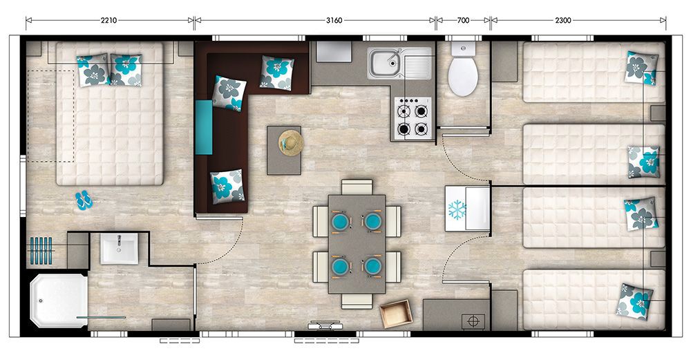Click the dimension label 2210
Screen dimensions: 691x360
point(108,20)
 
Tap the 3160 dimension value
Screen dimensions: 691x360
point(334,20)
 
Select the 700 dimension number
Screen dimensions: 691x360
point(463,20)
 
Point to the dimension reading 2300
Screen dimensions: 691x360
point(563,20)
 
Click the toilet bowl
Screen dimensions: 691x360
point(463,75)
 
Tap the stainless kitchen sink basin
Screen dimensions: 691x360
point(384,64)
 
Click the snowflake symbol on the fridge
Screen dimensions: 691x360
point(457,210)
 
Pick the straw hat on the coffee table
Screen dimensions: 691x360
point(291,143)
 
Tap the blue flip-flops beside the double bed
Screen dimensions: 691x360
point(84,200)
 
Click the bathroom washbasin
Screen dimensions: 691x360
point(119,249)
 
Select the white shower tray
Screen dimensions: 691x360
point(59,301)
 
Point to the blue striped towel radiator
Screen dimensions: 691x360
point(41,251)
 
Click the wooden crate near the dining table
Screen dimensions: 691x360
point(396,314)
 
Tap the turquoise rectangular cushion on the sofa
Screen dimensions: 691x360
point(204,127)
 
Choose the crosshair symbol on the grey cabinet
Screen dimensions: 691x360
point(473,322)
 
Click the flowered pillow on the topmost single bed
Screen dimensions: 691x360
point(642,68)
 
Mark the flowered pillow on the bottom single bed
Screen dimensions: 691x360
point(634,301)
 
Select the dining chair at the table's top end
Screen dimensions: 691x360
point(357,187)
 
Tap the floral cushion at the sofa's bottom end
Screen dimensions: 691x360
point(227,187)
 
